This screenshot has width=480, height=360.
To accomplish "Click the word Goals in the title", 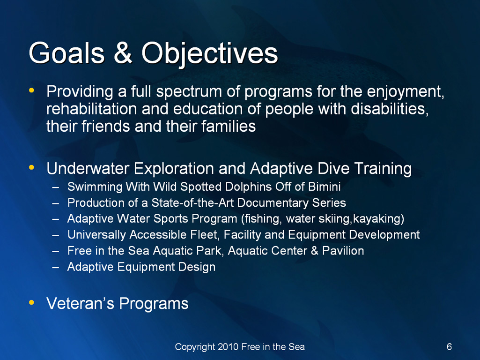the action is pos(67,52).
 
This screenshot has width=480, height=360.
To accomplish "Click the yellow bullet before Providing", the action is pos(31,90).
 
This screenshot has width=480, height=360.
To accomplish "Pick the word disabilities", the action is pos(389,109).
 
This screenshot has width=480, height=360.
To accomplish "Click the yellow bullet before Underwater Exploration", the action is pos(31,168).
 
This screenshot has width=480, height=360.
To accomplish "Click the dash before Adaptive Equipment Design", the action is pos(55,267).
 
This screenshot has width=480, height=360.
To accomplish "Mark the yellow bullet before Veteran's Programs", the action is pos(31,302).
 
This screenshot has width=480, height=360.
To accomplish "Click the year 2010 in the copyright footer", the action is pos(228,347).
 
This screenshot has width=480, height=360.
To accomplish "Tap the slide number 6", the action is pos(449,347).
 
